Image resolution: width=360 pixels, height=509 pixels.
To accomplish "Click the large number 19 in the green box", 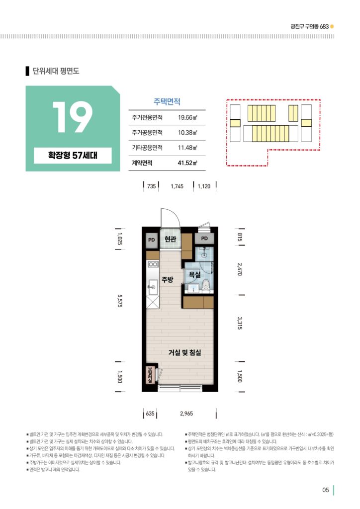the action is click(73, 117).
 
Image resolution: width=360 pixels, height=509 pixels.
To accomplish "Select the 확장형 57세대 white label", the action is click(73, 156).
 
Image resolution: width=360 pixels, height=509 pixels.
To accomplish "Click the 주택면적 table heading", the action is click(167, 101).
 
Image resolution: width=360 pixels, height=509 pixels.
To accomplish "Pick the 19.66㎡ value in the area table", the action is click(187, 117).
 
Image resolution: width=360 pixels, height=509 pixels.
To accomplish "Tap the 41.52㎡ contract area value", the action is click(187, 163).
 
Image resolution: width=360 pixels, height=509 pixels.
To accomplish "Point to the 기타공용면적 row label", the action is click(147, 148).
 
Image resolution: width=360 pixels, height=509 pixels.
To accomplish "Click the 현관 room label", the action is click(170, 239).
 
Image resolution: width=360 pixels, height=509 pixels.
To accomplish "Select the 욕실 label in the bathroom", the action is click(194, 274).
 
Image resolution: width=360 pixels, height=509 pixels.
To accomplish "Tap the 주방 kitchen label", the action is click(168, 279).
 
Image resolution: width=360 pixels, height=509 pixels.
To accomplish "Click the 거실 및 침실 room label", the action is click(184, 352).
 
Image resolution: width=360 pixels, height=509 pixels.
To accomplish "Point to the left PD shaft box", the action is click(152, 240).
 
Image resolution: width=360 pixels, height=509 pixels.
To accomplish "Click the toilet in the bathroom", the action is click(205, 286).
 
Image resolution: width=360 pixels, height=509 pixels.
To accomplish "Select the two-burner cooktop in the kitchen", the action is click(153, 264).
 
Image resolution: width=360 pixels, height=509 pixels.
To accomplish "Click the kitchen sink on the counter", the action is click(153, 287).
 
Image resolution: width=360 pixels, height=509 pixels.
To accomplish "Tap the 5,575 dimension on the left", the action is click(119, 301).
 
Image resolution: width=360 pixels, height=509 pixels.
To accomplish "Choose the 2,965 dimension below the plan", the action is click(186, 414).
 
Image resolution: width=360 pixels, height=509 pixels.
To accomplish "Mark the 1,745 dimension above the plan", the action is click(177, 186).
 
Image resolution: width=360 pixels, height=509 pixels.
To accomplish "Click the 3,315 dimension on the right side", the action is click(240, 323).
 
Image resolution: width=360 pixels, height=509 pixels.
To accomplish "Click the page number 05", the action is click(326, 490).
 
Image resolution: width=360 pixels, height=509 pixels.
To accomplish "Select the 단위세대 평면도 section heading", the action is click(56, 71).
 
